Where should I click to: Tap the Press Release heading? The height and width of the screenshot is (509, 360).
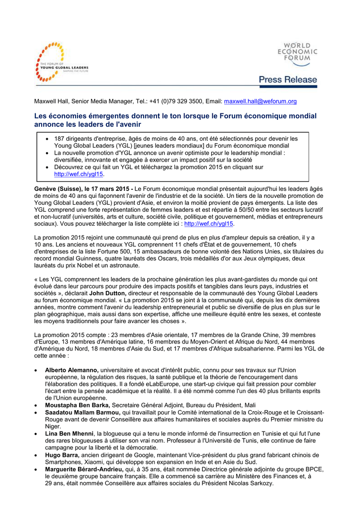287,80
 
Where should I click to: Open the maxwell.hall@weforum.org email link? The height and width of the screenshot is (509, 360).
260,101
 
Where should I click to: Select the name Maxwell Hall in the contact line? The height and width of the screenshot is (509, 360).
51,101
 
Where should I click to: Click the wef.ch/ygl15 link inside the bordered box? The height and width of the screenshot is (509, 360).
79,174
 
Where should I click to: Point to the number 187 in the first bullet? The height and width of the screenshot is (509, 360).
60,139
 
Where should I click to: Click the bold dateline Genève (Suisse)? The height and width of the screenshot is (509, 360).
58,189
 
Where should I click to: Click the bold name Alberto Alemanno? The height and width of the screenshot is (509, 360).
72,370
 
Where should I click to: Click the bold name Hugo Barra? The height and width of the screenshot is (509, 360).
62,455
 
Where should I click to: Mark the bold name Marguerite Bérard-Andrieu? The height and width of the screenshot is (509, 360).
84,469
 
